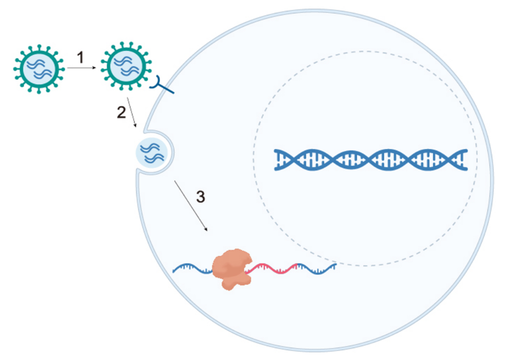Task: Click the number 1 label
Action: [81, 57]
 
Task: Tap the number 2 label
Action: [121, 112]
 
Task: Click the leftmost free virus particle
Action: [39, 68]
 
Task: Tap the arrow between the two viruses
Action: [81, 68]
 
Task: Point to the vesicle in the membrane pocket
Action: [152, 152]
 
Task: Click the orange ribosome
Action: [232, 268]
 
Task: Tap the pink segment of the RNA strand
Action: [273, 268]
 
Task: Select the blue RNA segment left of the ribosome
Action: [193, 269]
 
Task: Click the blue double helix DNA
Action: [371, 160]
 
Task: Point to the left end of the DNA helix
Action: [279, 160]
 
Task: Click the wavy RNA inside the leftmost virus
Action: [39, 68]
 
